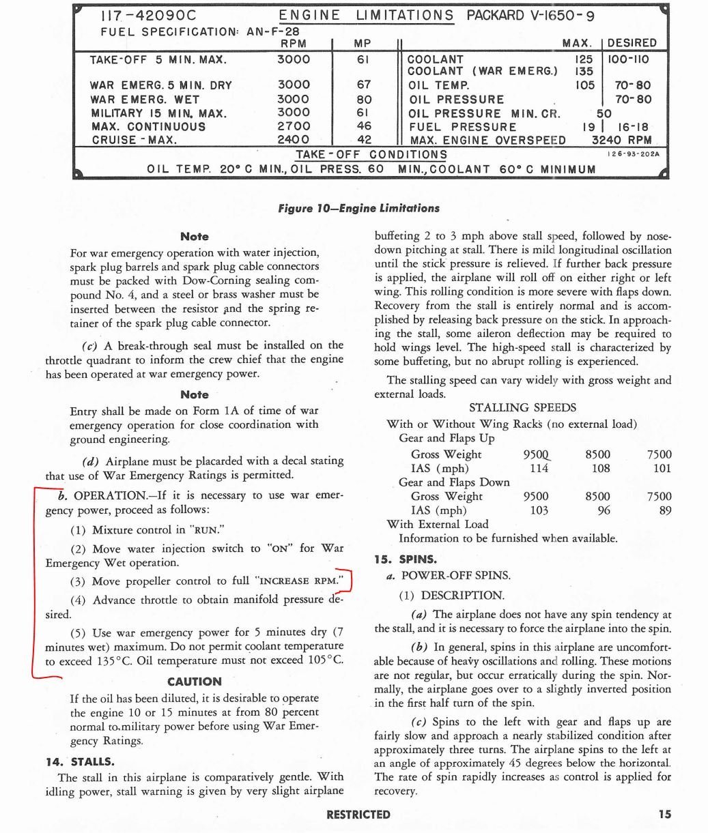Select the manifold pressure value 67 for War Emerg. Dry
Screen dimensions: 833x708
coord(364,85)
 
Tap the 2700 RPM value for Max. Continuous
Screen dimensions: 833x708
coord(294,126)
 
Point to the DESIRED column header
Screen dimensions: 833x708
coord(632,43)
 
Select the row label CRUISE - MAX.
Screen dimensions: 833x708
coord(134,141)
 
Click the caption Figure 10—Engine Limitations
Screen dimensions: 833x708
coord(358,208)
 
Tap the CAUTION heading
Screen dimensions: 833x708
coord(195,682)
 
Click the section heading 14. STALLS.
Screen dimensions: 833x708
coord(80,761)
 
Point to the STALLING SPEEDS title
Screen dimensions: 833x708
coord(522,408)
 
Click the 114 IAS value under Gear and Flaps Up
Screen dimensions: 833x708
coord(539,469)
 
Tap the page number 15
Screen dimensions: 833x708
coord(665,814)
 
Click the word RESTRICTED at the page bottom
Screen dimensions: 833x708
coord(358,815)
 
